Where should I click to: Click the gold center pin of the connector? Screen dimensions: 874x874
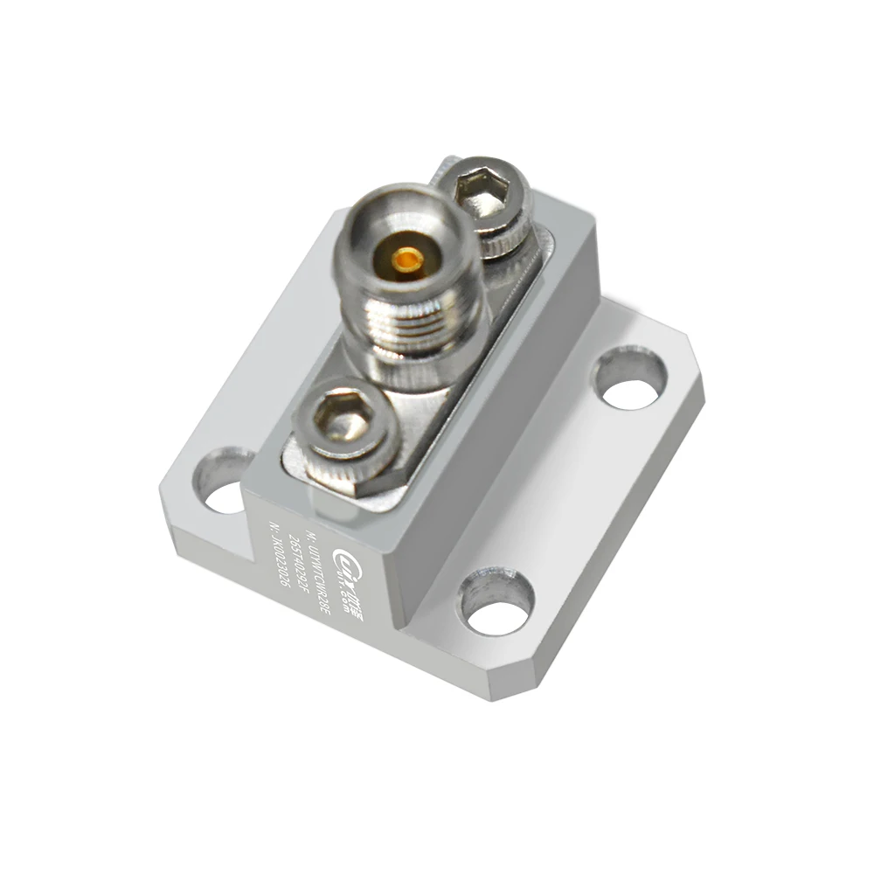(406, 259)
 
